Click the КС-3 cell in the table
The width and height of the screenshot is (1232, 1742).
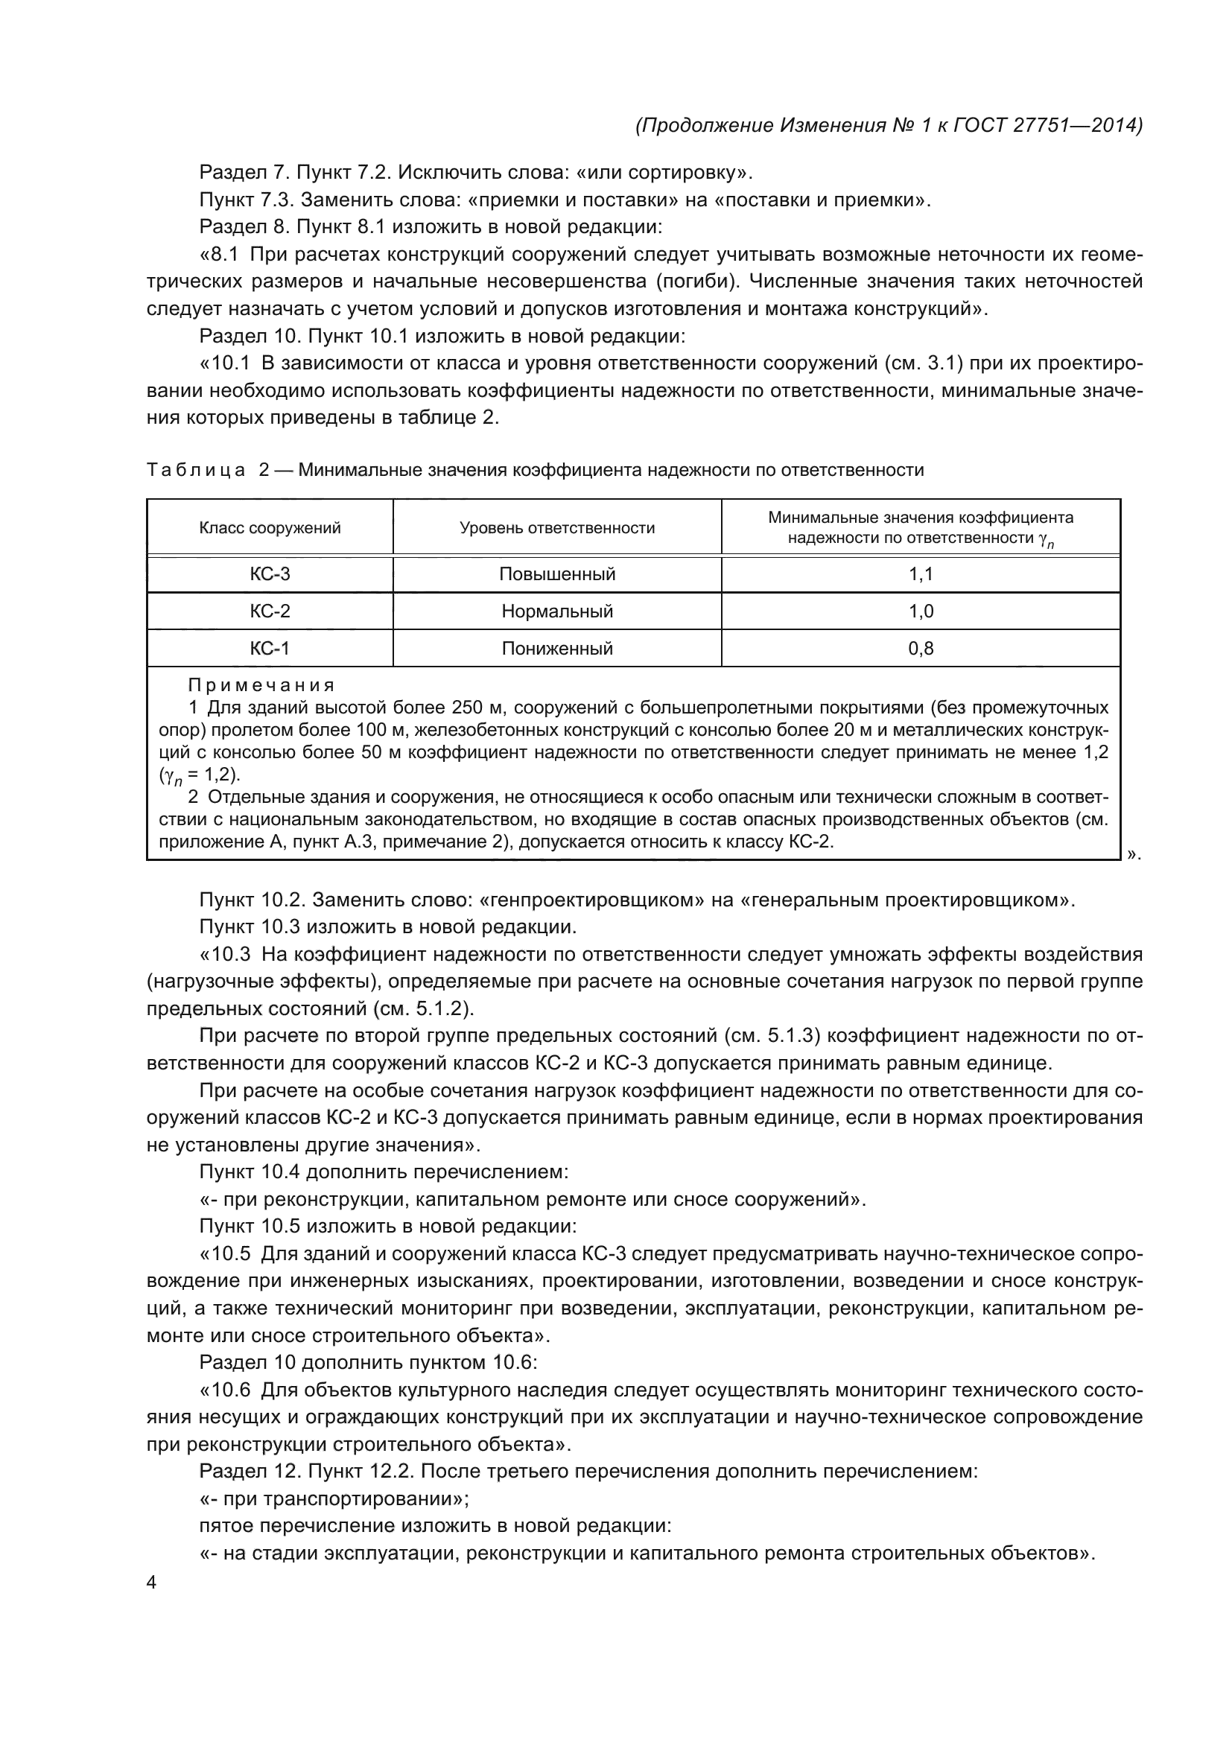[x=270, y=574]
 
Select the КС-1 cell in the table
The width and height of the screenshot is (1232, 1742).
[x=270, y=649]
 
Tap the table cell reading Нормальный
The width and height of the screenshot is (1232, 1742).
[x=557, y=611]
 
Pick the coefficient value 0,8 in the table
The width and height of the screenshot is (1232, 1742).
[x=920, y=649]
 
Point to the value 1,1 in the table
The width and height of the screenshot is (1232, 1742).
[x=920, y=574]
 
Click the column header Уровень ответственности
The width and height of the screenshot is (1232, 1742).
[x=557, y=528]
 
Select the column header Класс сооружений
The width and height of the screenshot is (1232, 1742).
[x=270, y=528]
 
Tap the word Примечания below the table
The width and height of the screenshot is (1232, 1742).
[x=261, y=686]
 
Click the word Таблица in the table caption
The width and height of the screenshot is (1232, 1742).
[x=196, y=471]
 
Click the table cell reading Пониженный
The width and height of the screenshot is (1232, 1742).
[x=557, y=649]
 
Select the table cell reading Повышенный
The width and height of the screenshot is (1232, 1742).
[x=557, y=574]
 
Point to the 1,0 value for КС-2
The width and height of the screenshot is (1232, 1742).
[x=920, y=611]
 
